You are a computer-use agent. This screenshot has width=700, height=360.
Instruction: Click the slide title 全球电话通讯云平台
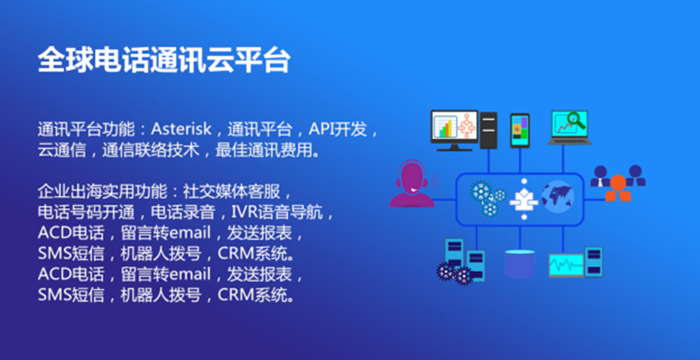pos(164,60)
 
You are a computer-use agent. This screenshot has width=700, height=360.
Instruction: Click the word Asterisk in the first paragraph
pos(183,127)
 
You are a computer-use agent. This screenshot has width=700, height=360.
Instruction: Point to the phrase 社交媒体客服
pos(246,192)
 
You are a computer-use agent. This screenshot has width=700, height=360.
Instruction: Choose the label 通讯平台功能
pos(82,127)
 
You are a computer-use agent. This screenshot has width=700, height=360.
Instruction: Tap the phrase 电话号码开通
pos(76,213)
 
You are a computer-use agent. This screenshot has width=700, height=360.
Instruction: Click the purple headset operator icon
pos(411,183)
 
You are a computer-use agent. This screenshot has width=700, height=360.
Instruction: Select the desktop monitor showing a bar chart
pos(452,130)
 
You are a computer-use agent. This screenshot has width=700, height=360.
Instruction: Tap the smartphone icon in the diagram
pos(519,130)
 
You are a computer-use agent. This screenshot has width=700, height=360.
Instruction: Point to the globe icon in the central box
pos(558,194)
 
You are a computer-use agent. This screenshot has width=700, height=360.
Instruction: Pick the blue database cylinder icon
pos(520,263)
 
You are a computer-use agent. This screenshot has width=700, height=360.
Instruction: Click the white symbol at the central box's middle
pos(522,195)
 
